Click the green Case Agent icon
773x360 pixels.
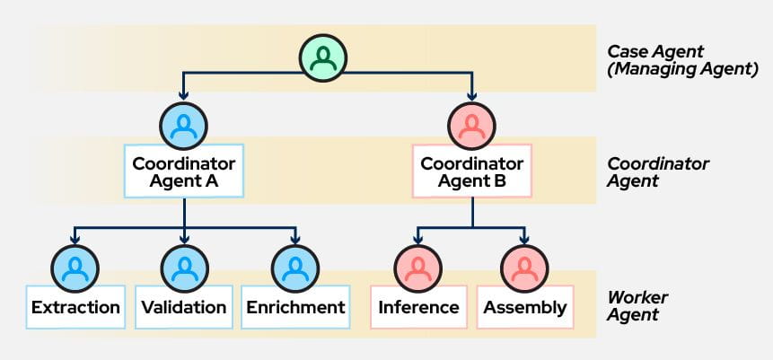tap(324, 58)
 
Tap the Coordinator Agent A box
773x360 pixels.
tap(184, 171)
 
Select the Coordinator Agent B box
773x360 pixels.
tap(471, 171)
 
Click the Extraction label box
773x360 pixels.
tap(75, 308)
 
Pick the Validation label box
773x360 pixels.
tap(184, 308)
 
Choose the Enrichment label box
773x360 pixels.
tap(294, 308)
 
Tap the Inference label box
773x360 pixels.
tap(418, 308)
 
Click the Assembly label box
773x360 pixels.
tap(525, 308)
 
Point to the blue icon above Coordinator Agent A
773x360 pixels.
tap(184, 126)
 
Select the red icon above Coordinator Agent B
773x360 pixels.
tap(471, 126)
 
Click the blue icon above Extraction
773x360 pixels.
tap(75, 267)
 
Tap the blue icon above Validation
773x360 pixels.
tap(184, 267)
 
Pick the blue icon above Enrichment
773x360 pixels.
tap(294, 267)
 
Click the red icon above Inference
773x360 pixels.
tap(418, 267)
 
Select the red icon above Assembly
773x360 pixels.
tap(525, 267)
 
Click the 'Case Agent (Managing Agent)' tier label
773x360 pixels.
tap(682, 59)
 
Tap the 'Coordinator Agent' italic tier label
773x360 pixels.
tap(658, 172)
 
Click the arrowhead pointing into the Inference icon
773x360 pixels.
tap(418, 240)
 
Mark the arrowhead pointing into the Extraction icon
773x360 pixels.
tap(75, 240)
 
